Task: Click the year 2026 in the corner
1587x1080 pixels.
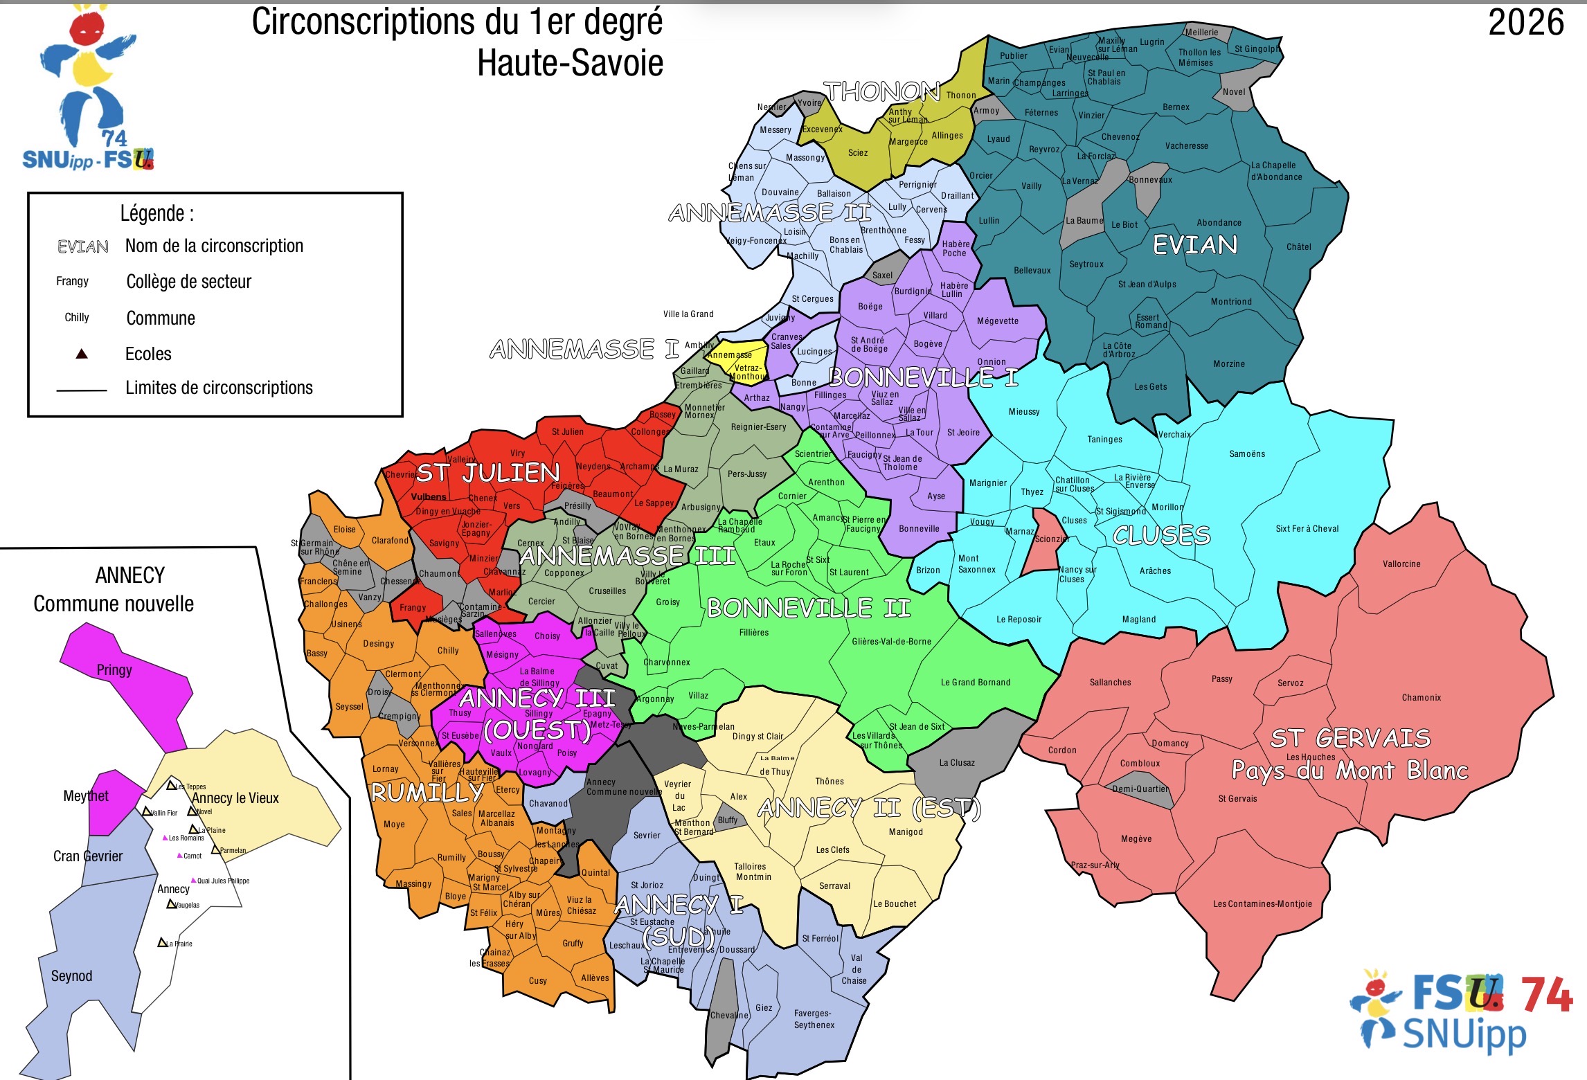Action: click(1525, 23)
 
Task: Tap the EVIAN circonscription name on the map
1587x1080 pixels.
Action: click(1194, 245)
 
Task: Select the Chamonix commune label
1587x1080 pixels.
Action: click(1421, 698)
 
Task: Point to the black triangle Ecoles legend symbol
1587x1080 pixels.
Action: click(82, 354)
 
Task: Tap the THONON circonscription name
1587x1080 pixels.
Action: click(881, 91)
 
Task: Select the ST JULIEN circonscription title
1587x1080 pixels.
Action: click(488, 473)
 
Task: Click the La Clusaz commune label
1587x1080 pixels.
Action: click(956, 763)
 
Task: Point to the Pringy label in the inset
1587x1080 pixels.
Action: click(114, 670)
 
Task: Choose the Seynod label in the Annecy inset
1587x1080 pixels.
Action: click(71, 976)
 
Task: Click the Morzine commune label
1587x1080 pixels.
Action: click(1228, 364)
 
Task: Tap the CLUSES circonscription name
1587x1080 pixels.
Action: click(1161, 535)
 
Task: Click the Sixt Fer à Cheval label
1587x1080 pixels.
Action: click(1307, 529)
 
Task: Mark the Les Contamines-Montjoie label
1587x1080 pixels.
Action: click(1262, 904)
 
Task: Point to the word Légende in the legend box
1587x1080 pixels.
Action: click(156, 213)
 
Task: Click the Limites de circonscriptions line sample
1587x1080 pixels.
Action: click(82, 391)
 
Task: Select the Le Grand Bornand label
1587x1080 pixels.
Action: click(975, 683)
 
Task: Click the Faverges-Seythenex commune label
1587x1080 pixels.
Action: click(814, 1019)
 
